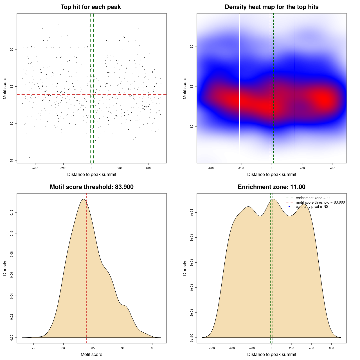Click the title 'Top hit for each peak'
coord(91,7)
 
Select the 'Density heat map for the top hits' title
coord(271,7)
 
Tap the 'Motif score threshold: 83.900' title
coord(91,187)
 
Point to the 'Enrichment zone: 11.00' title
coord(271,187)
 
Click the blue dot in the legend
coord(289,207)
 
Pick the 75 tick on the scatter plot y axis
coord(12,161)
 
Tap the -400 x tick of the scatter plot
coord(35,168)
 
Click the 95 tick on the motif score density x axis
coord(153,348)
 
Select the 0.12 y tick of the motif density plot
coord(12,213)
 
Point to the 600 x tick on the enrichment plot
coord(331,348)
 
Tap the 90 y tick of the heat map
coord(192,46)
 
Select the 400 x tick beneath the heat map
coord(333,168)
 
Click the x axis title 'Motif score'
coord(91,355)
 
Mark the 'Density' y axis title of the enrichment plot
coord(185,268)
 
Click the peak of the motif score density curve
coord(83,199)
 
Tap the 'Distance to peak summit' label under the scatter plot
coord(92,175)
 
